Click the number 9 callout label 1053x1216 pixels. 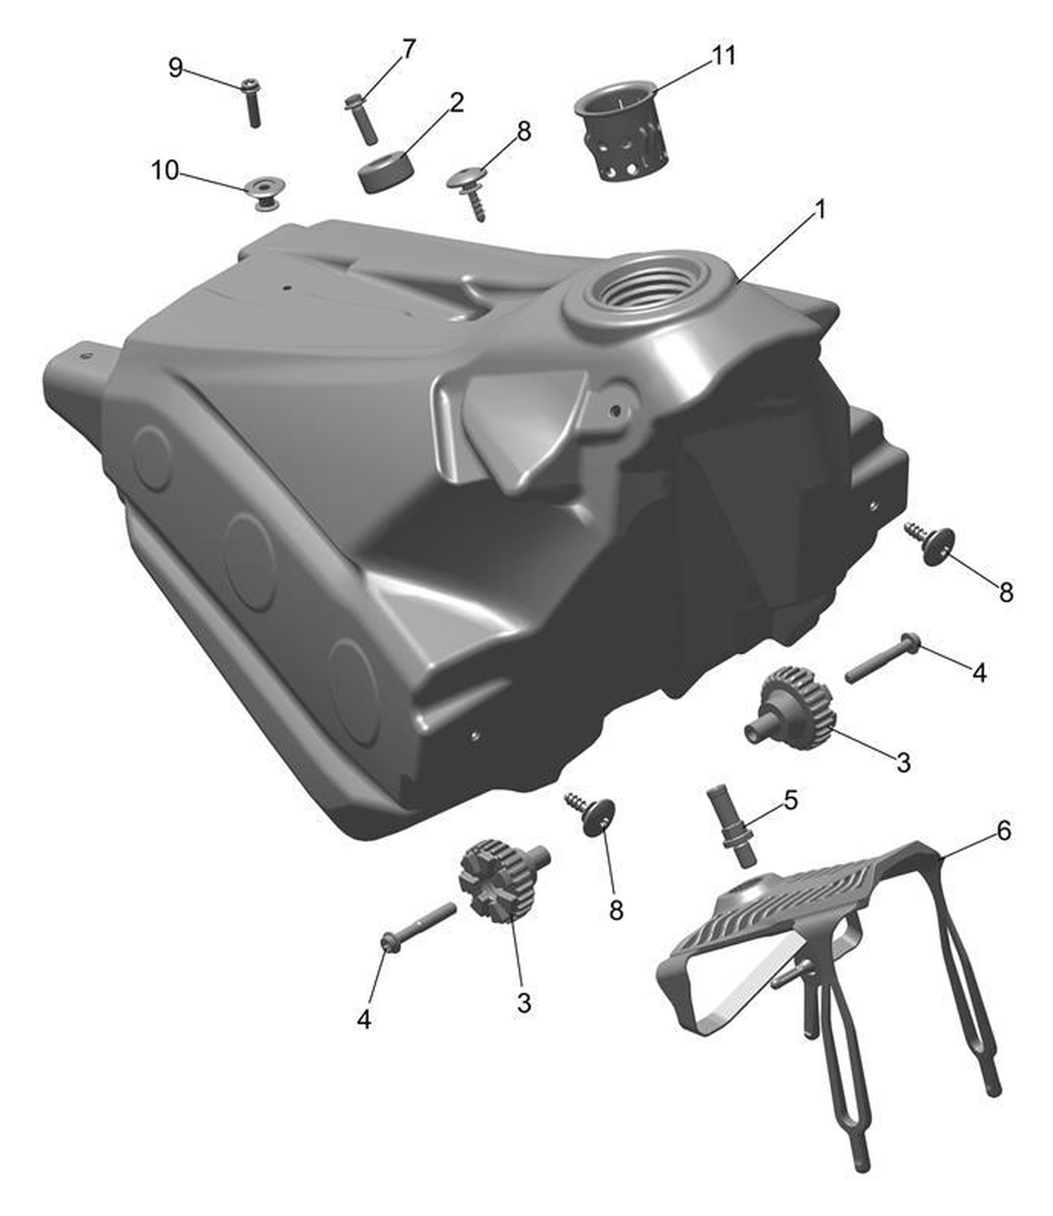click(x=176, y=68)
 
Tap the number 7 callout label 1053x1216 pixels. click(x=408, y=49)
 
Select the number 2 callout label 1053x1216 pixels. click(x=457, y=102)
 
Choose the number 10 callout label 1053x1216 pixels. click(x=165, y=170)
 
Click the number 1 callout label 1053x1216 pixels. click(x=820, y=209)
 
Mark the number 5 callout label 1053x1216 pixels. click(x=791, y=800)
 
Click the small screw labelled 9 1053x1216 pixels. click(x=252, y=102)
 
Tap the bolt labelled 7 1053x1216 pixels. click(x=360, y=117)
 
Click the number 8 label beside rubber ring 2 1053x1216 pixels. click(x=524, y=131)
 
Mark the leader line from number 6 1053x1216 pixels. click(x=969, y=844)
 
